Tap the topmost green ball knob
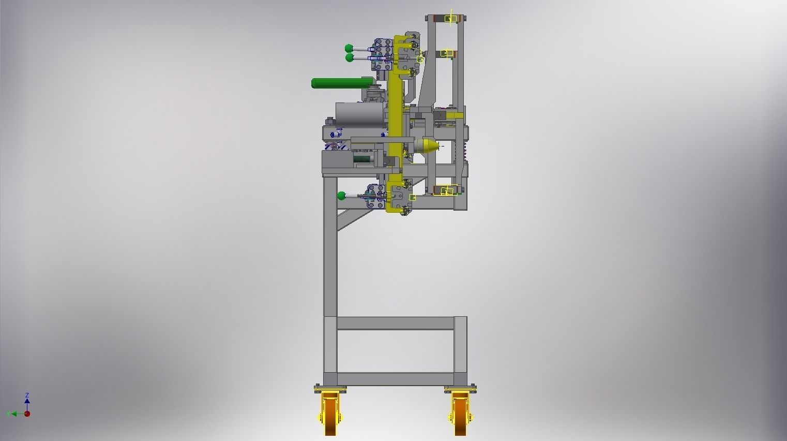tap(350, 49)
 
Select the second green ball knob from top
tap(350, 58)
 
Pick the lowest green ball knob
tap(341, 196)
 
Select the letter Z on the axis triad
tap(27, 395)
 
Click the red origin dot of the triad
tap(27, 414)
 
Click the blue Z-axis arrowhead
tap(27, 401)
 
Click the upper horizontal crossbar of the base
tap(396, 323)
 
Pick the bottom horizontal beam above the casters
tap(396, 379)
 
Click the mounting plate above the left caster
tap(330, 388)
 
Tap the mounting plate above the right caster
tap(460, 388)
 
